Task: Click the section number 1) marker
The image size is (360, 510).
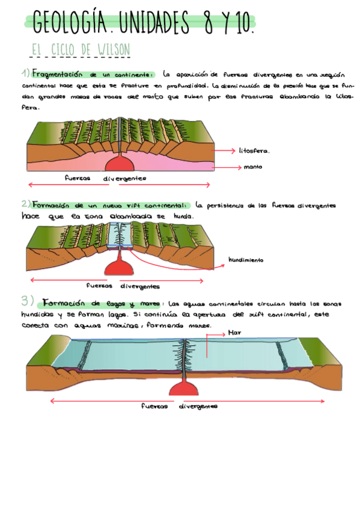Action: pyautogui.click(x=25, y=74)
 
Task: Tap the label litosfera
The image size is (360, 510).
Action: pyautogui.click(x=254, y=151)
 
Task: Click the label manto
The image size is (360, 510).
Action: pyautogui.click(x=252, y=167)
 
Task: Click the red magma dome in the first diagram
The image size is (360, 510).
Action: pyautogui.click(x=121, y=164)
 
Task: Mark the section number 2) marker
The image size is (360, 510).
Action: pyautogui.click(x=25, y=204)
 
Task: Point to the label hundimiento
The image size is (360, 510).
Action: pyautogui.click(x=246, y=260)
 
